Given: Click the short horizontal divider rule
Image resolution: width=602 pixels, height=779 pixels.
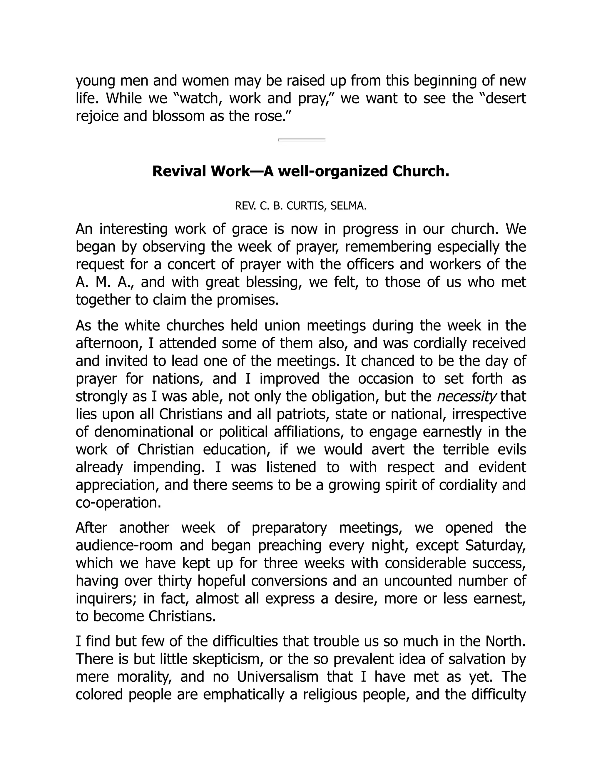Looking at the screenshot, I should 301,139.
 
